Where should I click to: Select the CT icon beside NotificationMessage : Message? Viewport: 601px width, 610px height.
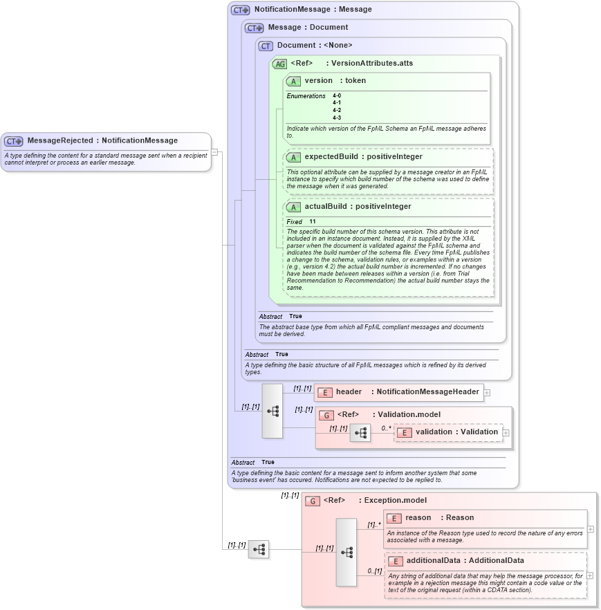240,10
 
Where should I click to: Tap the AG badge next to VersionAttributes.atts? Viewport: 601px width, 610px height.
279,64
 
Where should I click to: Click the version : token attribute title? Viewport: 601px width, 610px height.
335,81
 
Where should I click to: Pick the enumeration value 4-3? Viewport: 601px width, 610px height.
337,118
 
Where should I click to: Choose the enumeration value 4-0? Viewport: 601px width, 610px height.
337,95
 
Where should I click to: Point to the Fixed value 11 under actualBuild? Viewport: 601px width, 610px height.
313,221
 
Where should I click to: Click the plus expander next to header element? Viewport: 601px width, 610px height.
487,392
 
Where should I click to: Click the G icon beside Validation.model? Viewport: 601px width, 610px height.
326,415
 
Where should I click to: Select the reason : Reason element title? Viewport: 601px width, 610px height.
439,518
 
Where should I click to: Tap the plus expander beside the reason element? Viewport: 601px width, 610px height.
590,529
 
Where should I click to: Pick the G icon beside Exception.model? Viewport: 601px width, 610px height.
313,501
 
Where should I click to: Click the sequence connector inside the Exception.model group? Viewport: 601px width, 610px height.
346,552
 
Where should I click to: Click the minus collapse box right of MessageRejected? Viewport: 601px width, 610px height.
215,151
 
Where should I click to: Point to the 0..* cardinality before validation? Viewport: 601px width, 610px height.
385,428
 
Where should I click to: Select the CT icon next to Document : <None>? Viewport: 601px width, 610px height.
266,46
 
